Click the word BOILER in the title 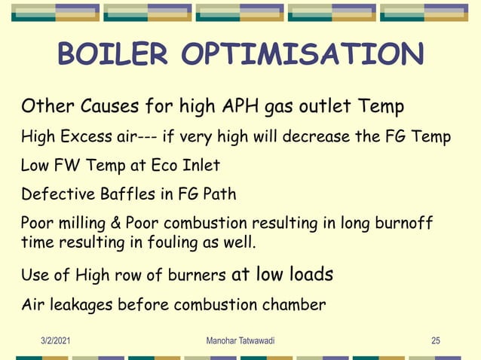[115, 54]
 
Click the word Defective [54, 194]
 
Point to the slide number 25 [435, 341]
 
